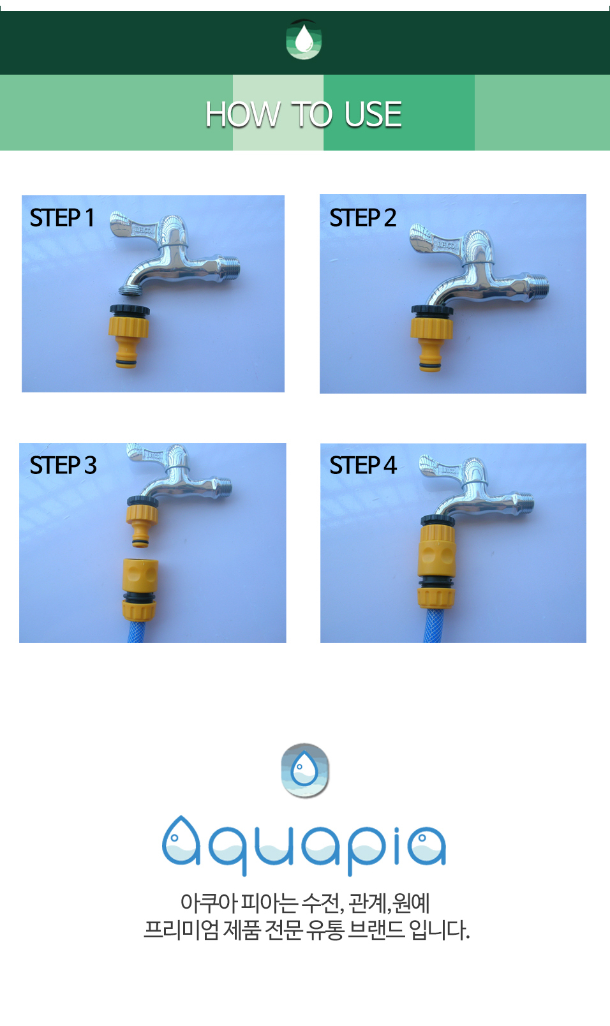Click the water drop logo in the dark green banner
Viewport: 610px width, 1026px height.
(304, 40)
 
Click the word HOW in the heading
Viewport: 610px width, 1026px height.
(242, 114)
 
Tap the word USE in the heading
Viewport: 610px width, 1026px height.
(373, 114)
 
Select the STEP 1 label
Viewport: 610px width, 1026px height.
(62, 218)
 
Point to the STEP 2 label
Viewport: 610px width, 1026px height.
(362, 218)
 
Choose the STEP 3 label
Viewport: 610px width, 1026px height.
(63, 465)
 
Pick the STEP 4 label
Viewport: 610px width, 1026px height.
(362, 465)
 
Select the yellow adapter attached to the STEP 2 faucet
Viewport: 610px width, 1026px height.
(431, 338)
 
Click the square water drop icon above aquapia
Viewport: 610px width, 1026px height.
(305, 770)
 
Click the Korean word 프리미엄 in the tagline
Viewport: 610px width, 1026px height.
(181, 930)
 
